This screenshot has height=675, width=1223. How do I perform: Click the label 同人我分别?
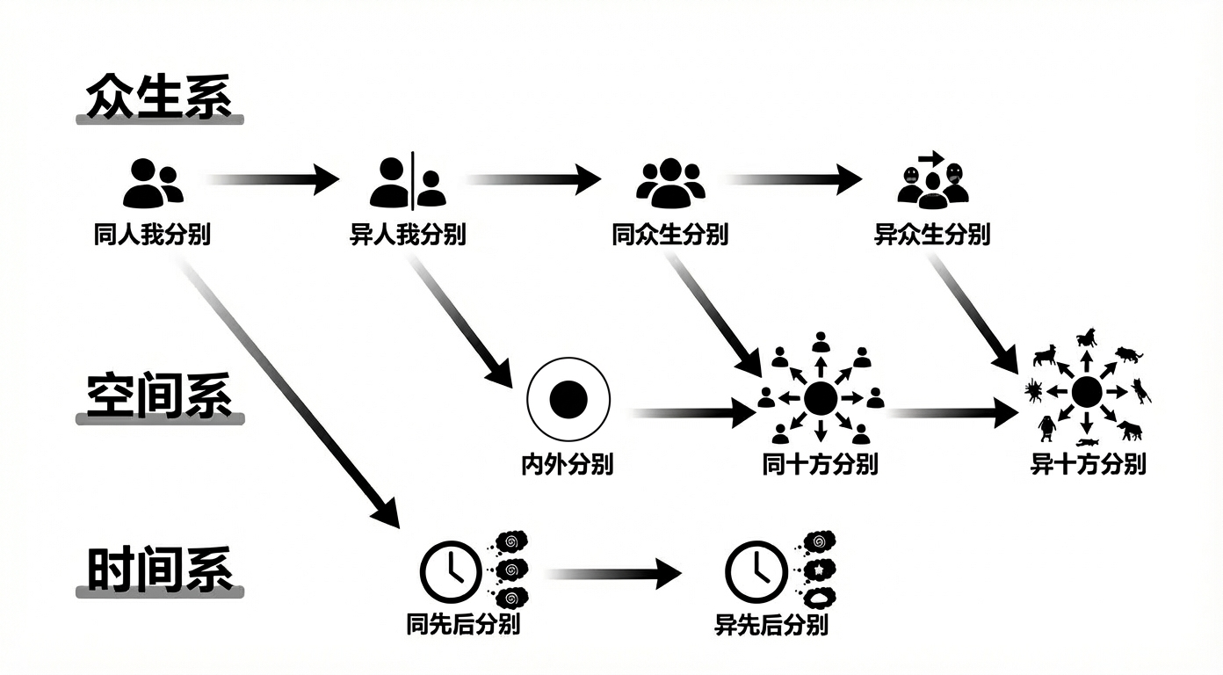tap(152, 236)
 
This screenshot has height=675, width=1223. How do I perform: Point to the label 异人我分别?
tap(408, 236)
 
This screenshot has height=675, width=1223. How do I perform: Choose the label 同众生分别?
tap(670, 236)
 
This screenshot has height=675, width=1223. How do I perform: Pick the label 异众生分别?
tap(932, 236)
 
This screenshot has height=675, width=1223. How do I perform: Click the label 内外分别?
tap(568, 464)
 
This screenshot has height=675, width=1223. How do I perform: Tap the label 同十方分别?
tap(820, 464)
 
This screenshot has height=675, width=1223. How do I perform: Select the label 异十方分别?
tap(1088, 464)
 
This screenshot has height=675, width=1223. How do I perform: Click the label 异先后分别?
tap(771, 625)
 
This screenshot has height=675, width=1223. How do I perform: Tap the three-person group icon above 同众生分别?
tap(670, 182)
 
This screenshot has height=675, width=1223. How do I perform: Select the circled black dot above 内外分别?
tap(568, 399)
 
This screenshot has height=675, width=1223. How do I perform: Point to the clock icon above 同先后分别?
tap(450, 571)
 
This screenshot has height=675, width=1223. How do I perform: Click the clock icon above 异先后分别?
tap(755, 571)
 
